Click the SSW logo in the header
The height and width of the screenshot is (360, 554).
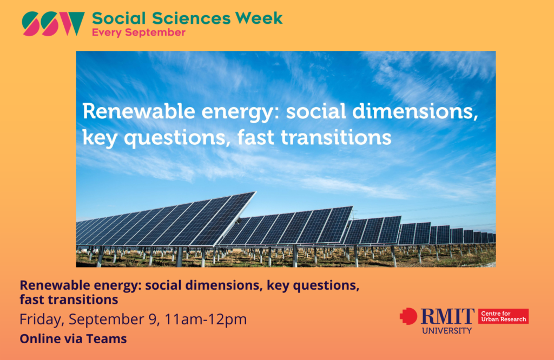pos(53,24)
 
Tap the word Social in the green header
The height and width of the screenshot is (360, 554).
pos(118,18)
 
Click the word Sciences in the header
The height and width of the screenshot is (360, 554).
pos(190,18)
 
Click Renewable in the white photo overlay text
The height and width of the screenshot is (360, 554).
pos(139,111)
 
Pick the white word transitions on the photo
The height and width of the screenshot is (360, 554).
pos(336,137)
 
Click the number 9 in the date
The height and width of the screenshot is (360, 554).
pos(153,319)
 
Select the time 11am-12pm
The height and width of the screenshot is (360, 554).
pos(206,319)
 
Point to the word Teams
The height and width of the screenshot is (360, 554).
pos(107,339)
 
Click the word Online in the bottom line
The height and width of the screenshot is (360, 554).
pos(40,339)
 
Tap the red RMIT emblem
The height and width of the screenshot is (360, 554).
pos(409,316)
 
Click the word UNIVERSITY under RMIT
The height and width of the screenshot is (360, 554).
pos(447,331)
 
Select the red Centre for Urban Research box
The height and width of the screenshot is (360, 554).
pos(504,316)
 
